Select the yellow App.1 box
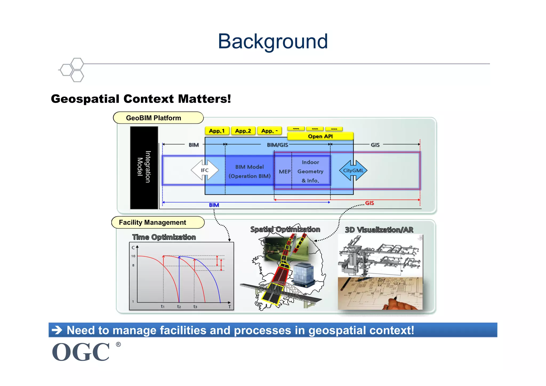click(217, 131)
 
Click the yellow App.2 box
click(243, 131)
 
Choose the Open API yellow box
click(320, 136)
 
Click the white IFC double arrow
click(205, 170)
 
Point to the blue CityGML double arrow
click(353, 170)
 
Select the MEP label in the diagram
click(284, 172)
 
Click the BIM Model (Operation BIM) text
click(250, 171)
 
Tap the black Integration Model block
click(144, 167)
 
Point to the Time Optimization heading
click(164, 237)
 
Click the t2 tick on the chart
click(179, 307)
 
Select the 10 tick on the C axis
click(133, 256)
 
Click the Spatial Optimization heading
click(285, 229)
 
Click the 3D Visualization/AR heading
click(379, 230)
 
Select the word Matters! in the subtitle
click(204, 99)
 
